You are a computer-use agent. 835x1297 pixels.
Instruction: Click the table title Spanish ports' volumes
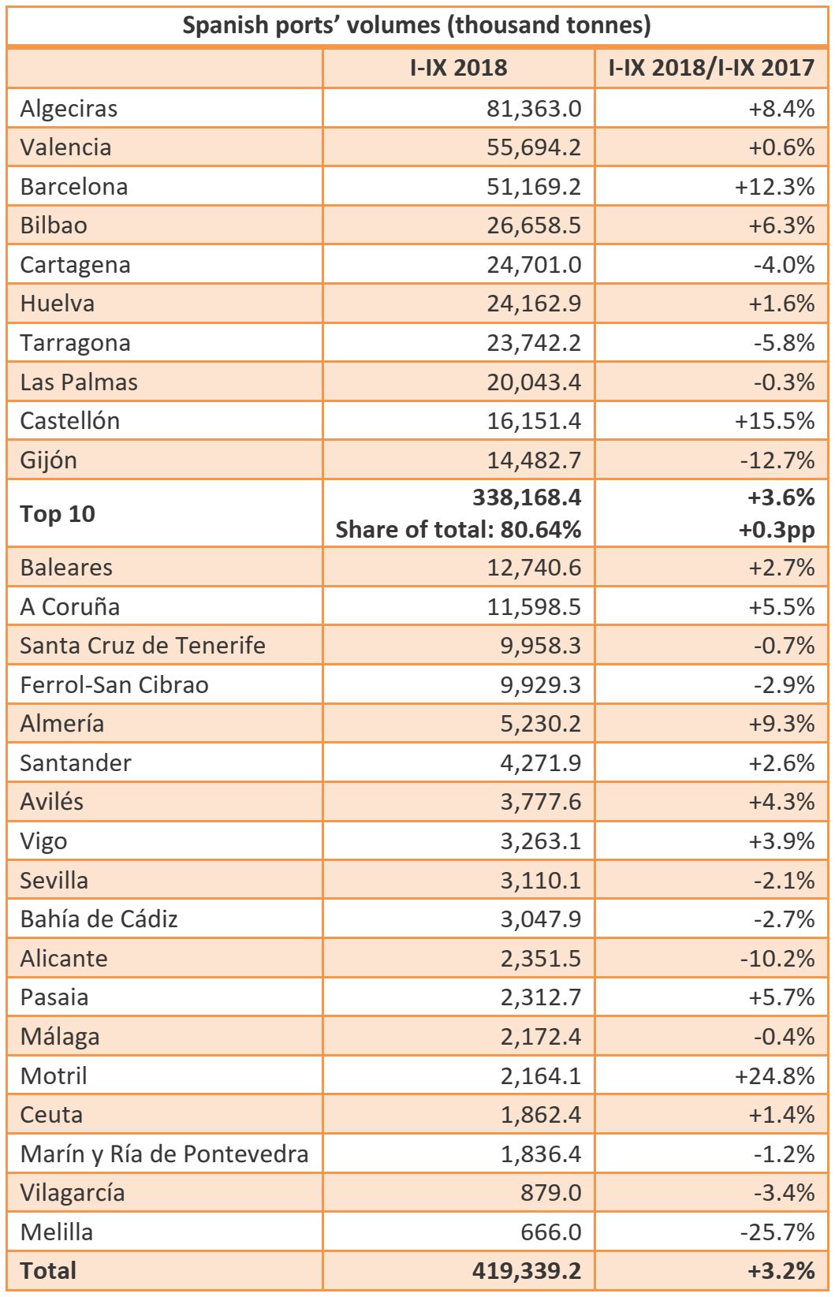(x=416, y=24)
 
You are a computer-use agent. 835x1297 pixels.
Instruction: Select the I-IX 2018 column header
(x=458, y=67)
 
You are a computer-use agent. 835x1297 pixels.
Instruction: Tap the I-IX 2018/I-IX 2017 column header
(x=710, y=67)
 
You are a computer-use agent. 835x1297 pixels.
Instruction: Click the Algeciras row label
(x=69, y=108)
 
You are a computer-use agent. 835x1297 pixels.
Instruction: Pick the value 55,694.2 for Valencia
(x=534, y=147)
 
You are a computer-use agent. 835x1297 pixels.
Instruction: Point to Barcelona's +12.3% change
(x=774, y=187)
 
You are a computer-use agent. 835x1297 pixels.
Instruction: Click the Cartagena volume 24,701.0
(x=534, y=265)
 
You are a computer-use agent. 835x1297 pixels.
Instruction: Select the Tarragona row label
(x=75, y=343)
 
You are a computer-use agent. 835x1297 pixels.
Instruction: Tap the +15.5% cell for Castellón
(x=774, y=421)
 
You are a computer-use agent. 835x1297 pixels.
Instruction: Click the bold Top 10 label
(x=58, y=514)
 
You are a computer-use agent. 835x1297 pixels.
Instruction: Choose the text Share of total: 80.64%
(x=458, y=529)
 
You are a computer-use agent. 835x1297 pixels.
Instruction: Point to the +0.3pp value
(x=777, y=530)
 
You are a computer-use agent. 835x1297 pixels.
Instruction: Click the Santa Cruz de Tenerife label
(x=143, y=645)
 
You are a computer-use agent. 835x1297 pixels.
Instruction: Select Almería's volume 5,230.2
(x=540, y=723)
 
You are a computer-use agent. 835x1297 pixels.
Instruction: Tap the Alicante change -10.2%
(x=777, y=958)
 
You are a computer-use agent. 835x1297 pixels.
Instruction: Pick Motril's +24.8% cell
(x=774, y=1075)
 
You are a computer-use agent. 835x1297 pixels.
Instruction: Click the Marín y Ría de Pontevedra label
(x=164, y=1154)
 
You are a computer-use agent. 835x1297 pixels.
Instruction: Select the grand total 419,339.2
(x=527, y=1271)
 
